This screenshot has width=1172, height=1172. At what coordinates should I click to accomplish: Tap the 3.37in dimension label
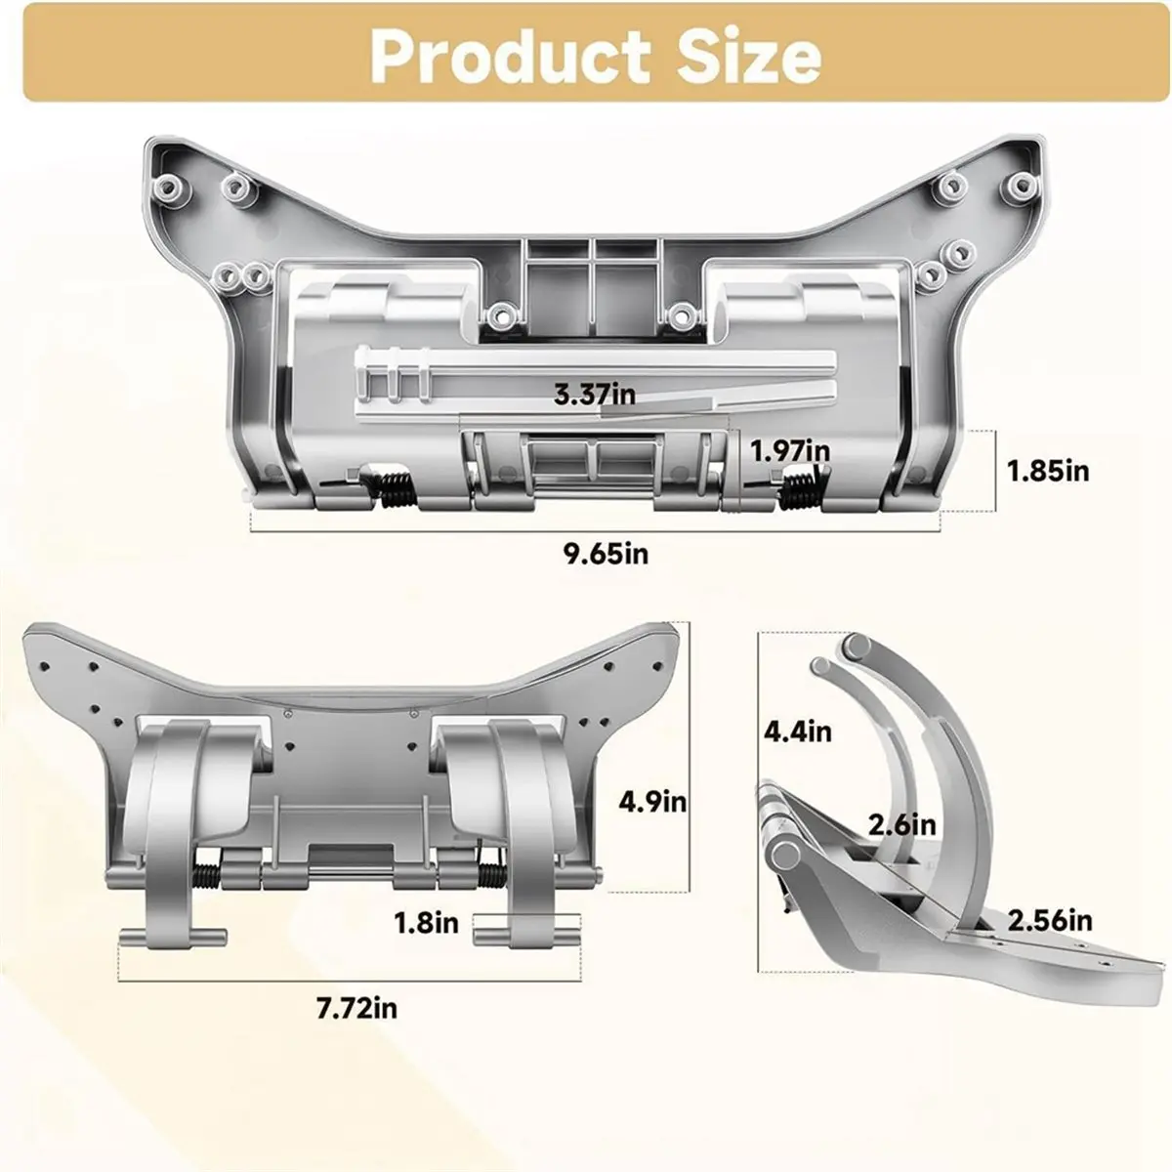click(x=595, y=395)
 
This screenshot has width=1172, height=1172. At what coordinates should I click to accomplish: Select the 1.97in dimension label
click(x=790, y=450)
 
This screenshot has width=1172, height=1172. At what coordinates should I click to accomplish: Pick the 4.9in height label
click(x=653, y=802)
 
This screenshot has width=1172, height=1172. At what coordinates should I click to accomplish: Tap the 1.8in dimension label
click(x=426, y=922)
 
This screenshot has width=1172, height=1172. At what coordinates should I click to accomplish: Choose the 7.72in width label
click(x=356, y=1008)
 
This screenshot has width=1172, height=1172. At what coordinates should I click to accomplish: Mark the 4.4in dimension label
click(x=799, y=730)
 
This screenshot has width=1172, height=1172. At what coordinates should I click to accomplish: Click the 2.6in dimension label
click(x=902, y=825)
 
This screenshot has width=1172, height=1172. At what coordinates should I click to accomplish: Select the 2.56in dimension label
click(x=1050, y=919)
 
